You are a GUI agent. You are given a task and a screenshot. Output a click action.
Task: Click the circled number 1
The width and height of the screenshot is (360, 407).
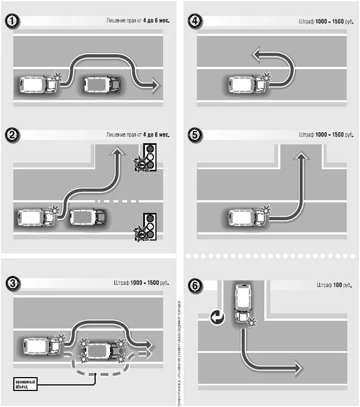coord(13,22)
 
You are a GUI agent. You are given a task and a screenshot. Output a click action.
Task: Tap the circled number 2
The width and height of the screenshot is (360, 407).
coord(13,134)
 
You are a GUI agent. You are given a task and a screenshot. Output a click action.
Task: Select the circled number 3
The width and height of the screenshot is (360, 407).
coord(13,283)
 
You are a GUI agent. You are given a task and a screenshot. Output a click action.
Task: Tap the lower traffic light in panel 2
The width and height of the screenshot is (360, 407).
coord(149,226)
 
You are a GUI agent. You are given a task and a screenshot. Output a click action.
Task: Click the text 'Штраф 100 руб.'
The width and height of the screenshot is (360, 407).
coord(334,285)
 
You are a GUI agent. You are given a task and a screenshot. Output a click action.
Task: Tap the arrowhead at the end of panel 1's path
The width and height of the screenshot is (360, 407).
coord(154,85)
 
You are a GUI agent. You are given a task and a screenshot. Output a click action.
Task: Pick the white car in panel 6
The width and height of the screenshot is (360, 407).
coord(242,303)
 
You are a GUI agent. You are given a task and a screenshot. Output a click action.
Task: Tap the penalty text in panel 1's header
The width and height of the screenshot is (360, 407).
coord(138,20)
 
